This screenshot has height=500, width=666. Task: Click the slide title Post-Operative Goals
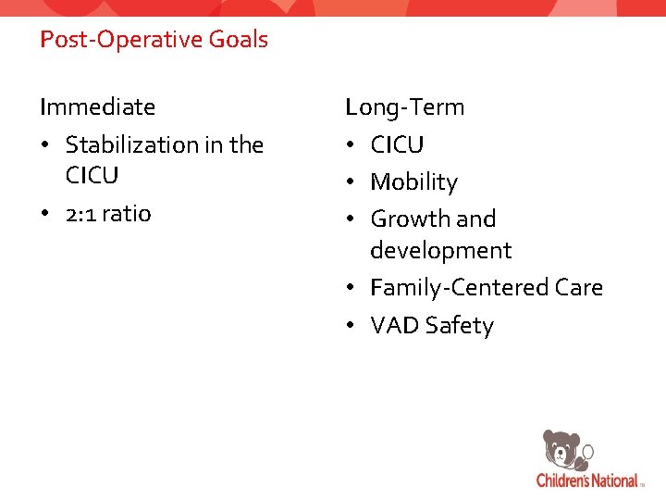coord(154,40)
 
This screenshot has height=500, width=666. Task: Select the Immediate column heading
coord(97,107)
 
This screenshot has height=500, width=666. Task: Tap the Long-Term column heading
coord(405,107)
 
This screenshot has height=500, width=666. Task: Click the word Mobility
coord(413,182)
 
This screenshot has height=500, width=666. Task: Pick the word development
coord(440,251)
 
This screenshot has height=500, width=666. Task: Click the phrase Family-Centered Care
coord(486,288)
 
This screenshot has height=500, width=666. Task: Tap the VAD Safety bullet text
coord(431,326)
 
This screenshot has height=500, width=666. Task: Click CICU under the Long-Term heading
coord(397,145)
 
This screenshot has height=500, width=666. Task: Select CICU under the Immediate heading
coord(92,176)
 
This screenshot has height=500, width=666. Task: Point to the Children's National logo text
coord(587,481)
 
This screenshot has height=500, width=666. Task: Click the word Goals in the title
coord(238,40)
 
